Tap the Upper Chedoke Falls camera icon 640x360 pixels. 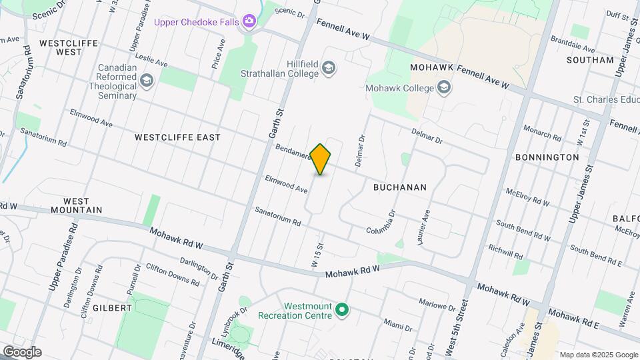(x=249, y=22)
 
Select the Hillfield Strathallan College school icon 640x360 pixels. (x=328, y=67)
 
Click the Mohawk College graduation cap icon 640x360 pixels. (x=443, y=88)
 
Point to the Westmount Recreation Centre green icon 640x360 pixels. (x=342, y=309)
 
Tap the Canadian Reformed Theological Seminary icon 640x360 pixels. (x=147, y=81)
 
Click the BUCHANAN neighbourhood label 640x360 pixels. (x=399, y=187)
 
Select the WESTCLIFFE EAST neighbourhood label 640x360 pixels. (x=177, y=137)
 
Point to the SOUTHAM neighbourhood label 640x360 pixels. (x=589, y=60)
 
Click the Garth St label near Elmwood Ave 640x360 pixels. (x=276, y=125)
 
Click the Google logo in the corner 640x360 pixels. (x=21, y=352)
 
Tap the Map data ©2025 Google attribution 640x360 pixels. (x=598, y=355)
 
